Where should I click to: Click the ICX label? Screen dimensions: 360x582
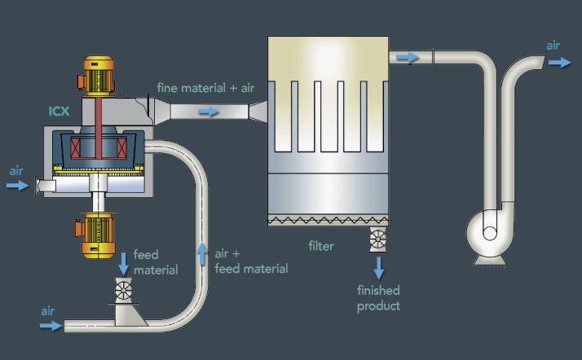(58, 111)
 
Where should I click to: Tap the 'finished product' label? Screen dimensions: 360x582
(378, 297)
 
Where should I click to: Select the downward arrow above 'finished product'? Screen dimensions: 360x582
(379, 268)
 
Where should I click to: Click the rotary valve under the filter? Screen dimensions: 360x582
(378, 239)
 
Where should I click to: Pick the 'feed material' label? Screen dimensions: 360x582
(156, 262)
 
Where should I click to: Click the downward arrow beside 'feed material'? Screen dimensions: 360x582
(123, 262)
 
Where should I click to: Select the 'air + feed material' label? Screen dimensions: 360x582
(249, 261)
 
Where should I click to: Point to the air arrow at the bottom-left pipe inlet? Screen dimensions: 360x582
(51, 325)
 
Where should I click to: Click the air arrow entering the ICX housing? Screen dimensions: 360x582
(17, 186)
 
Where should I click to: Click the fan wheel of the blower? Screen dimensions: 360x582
(490, 231)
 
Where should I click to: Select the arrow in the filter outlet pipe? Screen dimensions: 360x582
(407, 57)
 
